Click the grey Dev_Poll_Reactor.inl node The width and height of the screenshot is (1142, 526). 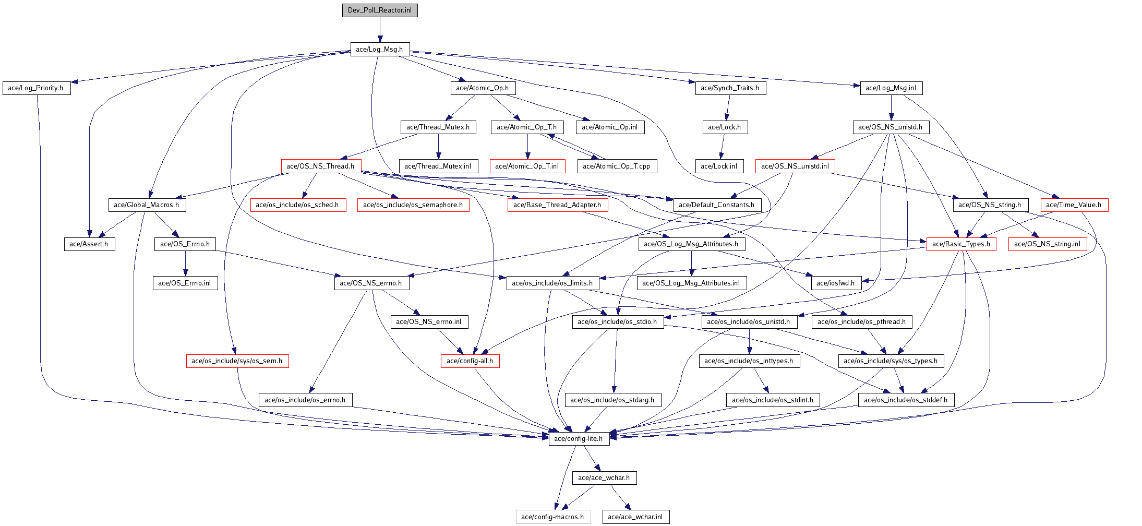tap(380, 10)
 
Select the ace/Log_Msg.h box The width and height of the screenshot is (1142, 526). tap(380, 49)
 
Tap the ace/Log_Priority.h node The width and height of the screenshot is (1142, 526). tap(36, 88)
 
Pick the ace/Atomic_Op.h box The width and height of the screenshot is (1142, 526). tap(483, 88)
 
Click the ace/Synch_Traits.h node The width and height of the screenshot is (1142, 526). tap(730, 88)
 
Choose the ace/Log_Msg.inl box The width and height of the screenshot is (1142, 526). tap(891, 88)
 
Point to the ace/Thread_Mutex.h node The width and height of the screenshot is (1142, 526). tap(438, 127)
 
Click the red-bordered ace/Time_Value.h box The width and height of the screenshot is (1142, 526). tap(1074, 205)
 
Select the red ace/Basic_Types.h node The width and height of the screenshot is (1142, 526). tap(961, 244)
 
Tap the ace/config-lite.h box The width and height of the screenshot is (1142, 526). tap(579, 439)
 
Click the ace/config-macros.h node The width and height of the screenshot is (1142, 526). tap(553, 517)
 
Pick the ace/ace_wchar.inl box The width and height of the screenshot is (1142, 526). tap(635, 517)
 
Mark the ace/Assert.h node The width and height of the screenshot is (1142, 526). tap(89, 244)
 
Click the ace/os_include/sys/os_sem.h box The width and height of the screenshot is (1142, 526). tap(237, 361)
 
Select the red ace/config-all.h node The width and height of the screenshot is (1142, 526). tap(470, 361)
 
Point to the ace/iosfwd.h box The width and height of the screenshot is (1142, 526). tap(836, 283)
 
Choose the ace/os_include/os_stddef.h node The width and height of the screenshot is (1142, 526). tap(906, 400)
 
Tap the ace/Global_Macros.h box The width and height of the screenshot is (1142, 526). tap(147, 205)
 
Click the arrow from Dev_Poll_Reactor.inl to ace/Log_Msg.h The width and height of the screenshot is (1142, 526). tap(380, 30)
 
